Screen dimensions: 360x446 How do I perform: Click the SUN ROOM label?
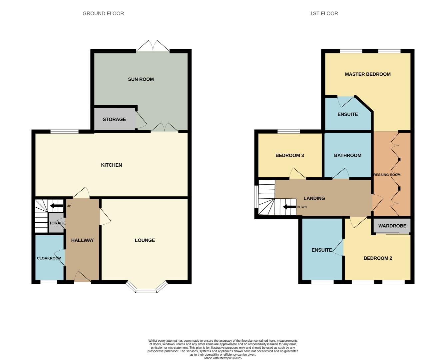tap(141, 79)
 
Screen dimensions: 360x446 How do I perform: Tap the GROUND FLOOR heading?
tap(103, 14)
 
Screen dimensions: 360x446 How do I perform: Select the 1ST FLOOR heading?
tap(324, 14)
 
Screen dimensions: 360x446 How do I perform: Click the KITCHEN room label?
tap(111, 165)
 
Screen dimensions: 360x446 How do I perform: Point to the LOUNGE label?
tap(145, 240)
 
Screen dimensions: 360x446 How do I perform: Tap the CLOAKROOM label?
tap(49, 258)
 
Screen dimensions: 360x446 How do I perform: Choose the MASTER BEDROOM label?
tap(368, 74)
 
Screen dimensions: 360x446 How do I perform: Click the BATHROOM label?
tap(347, 155)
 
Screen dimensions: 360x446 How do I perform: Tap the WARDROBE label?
tap(392, 226)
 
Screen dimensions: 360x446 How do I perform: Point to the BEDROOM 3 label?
tap(289, 155)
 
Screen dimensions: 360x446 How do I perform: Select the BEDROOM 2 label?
tap(378, 258)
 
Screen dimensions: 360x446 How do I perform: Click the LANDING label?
tap(314, 198)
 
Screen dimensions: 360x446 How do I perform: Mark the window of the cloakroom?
tap(49, 282)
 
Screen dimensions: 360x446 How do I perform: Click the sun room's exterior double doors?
tap(153, 47)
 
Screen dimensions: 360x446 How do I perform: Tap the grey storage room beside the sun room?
tap(114, 119)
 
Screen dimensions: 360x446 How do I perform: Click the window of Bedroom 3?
tap(288, 131)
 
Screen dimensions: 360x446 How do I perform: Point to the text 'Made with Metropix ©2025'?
tap(223, 358)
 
